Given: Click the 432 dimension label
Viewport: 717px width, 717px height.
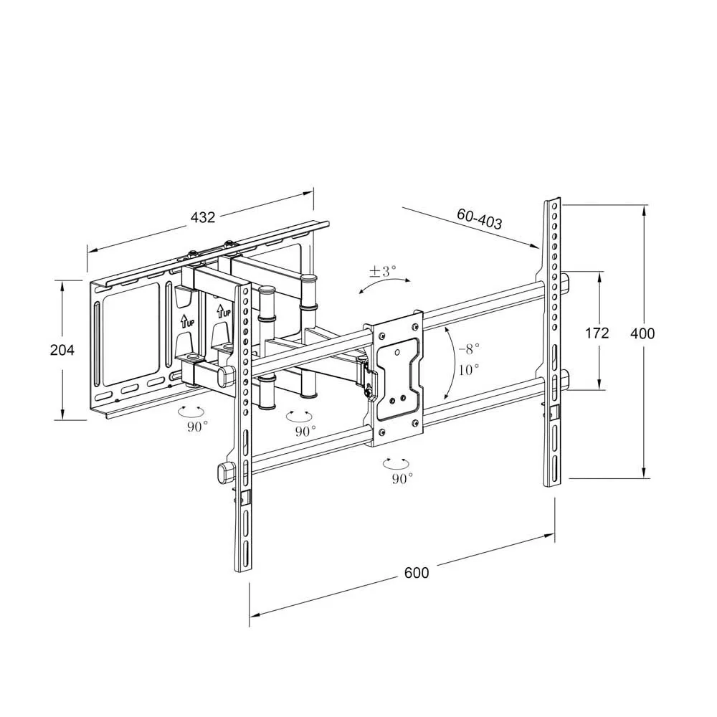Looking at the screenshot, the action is click(203, 217).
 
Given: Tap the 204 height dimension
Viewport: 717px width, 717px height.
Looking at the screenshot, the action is click(62, 350).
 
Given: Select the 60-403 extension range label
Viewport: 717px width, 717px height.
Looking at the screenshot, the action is click(479, 219).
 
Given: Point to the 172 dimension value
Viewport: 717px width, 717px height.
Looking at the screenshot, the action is click(597, 333).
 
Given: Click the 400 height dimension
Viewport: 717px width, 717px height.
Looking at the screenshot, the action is click(642, 333).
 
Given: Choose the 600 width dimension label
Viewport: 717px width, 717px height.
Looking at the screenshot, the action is click(417, 572).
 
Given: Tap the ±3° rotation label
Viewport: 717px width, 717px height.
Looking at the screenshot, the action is click(383, 271).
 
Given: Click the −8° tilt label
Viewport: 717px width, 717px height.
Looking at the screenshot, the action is click(469, 349).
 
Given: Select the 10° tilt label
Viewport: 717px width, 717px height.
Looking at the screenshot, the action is click(469, 369).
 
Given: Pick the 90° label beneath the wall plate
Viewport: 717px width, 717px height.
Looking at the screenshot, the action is click(197, 427).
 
